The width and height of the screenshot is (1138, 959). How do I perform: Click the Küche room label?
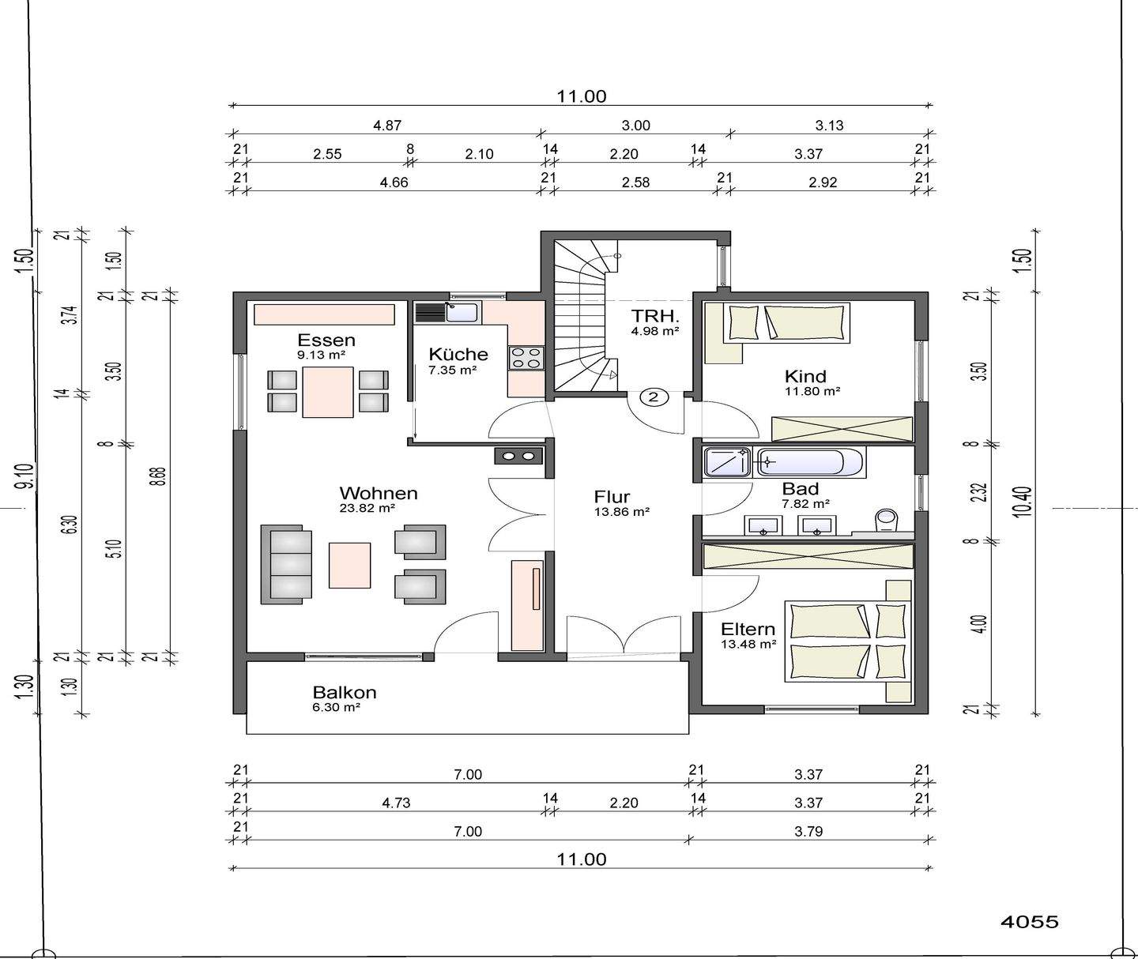point(458,354)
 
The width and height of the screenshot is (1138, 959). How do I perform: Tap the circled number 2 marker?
point(654,397)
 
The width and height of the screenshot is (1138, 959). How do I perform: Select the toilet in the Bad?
point(886,519)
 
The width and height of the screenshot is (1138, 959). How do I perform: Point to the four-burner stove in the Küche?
point(526,358)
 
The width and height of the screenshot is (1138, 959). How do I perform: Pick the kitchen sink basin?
point(462,313)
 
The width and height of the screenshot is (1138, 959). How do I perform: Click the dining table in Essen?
point(328,392)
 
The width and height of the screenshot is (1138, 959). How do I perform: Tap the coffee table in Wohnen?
point(349,565)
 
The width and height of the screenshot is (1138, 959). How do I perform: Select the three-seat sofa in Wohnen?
point(286,564)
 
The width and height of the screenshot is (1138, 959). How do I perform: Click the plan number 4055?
point(1030,922)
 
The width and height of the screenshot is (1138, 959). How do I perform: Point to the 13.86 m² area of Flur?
point(622,512)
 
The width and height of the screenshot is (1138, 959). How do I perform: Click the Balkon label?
point(345,693)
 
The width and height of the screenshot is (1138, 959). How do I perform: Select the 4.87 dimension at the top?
point(387,126)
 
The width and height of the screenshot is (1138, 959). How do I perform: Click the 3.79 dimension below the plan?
point(808,832)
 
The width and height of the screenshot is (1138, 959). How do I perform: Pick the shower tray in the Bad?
point(727,462)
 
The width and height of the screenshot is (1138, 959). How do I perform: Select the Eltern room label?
point(748,630)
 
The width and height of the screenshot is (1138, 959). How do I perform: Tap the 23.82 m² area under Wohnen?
point(367,508)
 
